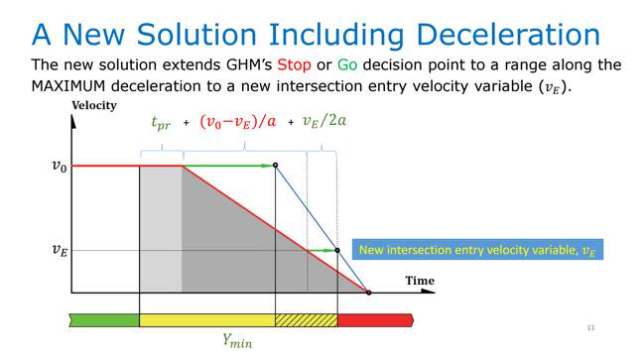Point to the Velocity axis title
point(93,105)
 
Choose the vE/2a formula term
point(326,123)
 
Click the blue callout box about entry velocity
point(477,251)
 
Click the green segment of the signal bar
point(104,319)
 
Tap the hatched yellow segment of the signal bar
point(306,319)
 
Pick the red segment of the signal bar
point(373,319)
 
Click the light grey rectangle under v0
point(160,228)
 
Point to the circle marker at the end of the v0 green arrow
point(275,166)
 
